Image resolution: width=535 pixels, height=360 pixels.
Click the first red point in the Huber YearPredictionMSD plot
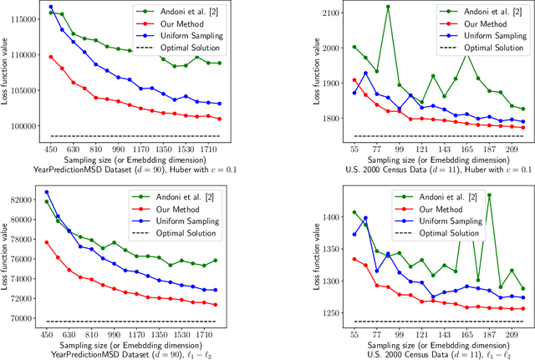(x=50, y=57)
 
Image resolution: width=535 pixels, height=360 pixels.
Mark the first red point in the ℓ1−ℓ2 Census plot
(x=331, y=259)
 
